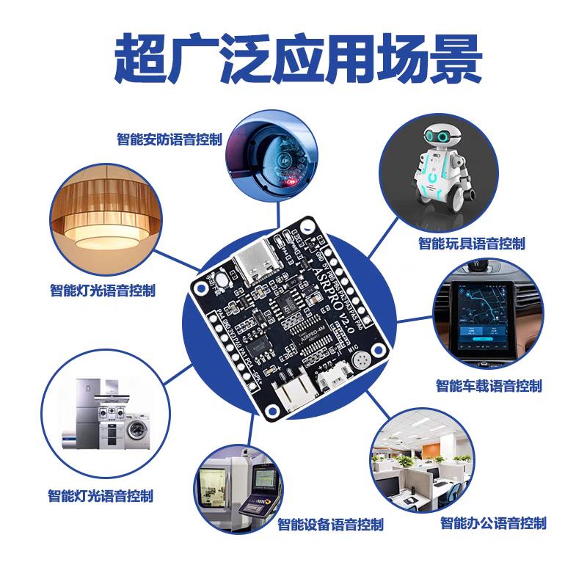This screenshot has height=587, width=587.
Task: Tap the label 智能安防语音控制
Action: (x=169, y=139)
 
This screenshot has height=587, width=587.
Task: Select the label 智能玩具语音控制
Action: (x=472, y=244)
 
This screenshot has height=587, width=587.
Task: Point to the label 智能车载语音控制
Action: (x=489, y=385)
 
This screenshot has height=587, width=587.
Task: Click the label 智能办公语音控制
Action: (x=493, y=523)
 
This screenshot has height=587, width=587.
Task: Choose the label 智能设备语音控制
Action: (x=330, y=525)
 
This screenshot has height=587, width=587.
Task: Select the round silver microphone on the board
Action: (x=362, y=360)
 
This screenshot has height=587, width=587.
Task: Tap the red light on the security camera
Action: (x=290, y=180)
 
